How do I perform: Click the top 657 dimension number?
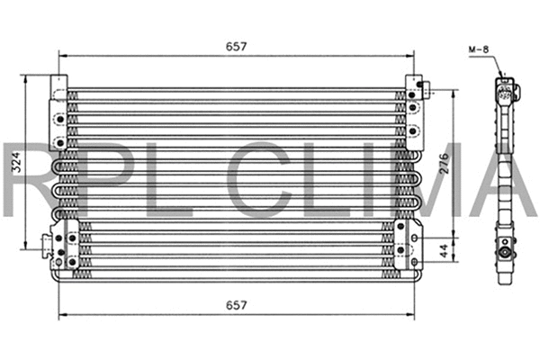tap(236, 45)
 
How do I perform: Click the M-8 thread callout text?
tap(480, 49)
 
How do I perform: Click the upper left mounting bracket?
tap(58, 112)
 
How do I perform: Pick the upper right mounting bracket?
tap(412, 112)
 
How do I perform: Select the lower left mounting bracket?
tap(63, 243)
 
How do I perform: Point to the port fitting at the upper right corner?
tap(426, 88)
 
